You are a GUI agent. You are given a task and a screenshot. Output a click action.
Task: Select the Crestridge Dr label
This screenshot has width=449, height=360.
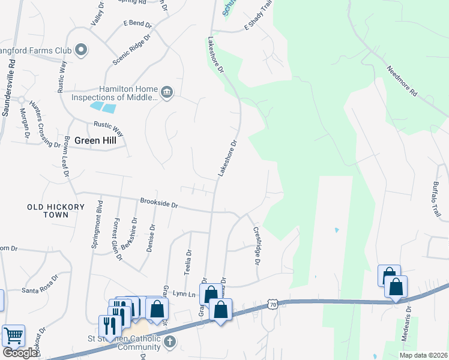[x=256, y=245]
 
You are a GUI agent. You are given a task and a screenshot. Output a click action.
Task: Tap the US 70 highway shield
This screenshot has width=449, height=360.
[x=273, y=304]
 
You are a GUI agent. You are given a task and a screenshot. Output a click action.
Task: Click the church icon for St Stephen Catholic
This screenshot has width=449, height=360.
[x=170, y=342]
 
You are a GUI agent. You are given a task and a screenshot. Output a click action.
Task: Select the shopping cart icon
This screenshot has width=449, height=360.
[x=13, y=335]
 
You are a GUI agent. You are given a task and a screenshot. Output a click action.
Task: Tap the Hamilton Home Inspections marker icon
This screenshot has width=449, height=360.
[x=167, y=92]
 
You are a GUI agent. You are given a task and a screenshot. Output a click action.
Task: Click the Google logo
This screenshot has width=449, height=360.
[x=20, y=353]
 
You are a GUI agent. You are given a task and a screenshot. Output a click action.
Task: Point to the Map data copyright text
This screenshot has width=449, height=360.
[x=423, y=355]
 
